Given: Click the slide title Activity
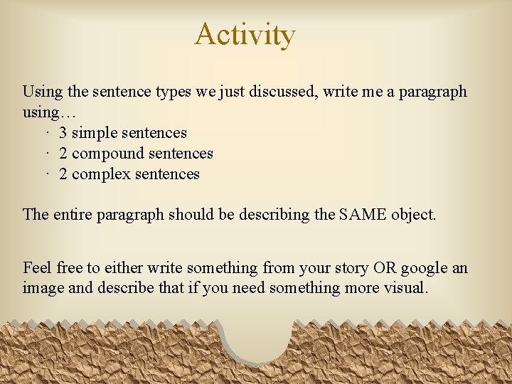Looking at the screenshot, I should coord(245,34).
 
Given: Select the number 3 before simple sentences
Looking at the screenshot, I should coord(63,133).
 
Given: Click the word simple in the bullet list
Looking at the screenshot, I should coord(97,133).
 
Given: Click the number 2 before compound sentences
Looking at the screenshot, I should coord(63,154).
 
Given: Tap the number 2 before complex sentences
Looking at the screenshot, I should coord(63,174).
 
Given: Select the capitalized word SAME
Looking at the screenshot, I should coord(362,214).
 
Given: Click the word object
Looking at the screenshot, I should coord(413,214).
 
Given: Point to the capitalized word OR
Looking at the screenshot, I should coord(385,268).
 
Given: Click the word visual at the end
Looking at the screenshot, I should coord(405,289).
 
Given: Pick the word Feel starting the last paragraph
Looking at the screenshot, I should coord(37,268).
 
